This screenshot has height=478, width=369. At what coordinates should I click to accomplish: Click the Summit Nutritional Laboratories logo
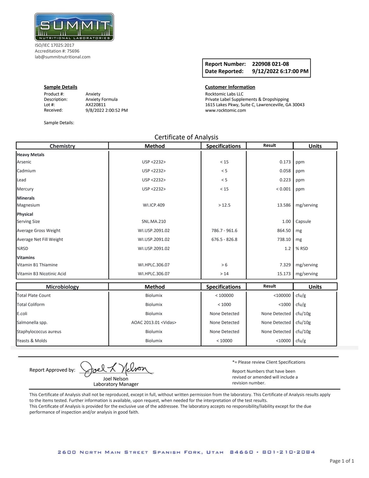coord(74,27)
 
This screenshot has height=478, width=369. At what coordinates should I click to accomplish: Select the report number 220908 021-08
coord(270,64)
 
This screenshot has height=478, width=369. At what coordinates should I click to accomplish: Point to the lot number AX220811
coord(96,105)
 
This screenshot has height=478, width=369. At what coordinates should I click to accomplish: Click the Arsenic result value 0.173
coord(285,162)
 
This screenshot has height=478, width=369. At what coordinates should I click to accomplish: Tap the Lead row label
coord(21,180)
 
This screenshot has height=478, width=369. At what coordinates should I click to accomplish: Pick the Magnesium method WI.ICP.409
coord(154,205)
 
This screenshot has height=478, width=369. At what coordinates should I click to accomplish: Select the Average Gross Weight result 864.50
coord(284,230)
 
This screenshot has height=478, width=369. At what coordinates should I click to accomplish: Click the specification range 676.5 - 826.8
coord(224,239)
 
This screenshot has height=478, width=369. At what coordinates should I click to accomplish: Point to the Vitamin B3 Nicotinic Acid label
coord(41,274)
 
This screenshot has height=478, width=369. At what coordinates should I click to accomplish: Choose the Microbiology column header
coord(62,287)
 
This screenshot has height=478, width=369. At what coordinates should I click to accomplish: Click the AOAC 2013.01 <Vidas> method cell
coord(154,323)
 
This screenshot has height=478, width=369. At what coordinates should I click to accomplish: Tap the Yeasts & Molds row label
coord(32,341)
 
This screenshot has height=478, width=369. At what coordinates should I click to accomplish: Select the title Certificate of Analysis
coord(186,137)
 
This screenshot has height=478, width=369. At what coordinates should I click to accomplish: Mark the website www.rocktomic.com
coord(225,110)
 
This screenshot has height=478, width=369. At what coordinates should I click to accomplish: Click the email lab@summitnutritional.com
coord(63,57)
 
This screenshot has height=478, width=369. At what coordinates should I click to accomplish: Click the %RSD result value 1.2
coord(288,249)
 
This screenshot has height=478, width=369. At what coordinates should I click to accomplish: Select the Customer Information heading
coord(230,87)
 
